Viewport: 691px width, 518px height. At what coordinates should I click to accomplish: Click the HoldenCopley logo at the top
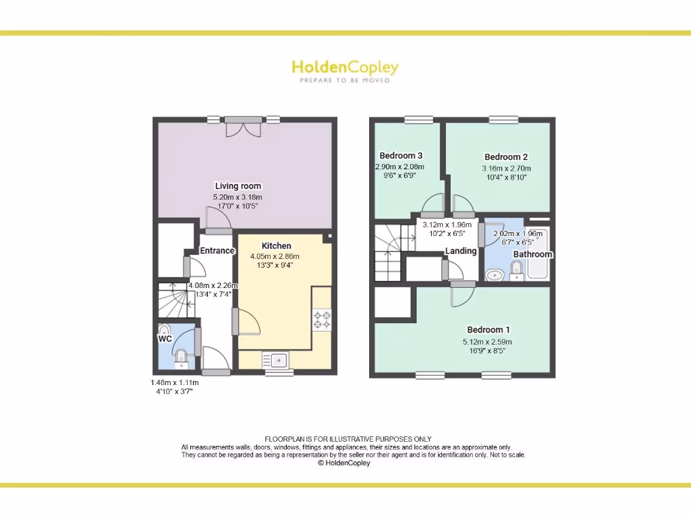345,67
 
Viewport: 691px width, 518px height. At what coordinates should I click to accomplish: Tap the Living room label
238,186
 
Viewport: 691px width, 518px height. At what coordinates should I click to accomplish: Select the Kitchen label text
276,246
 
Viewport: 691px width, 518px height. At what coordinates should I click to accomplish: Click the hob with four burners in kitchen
322,319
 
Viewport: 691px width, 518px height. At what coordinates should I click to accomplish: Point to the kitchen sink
276,360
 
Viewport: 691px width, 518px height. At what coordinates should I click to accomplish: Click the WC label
165,339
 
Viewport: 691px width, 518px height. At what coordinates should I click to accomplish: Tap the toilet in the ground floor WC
180,357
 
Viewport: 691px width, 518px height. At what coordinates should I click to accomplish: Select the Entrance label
217,251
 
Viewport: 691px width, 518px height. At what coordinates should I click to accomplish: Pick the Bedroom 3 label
401,156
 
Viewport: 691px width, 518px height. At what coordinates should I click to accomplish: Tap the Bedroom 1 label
489,330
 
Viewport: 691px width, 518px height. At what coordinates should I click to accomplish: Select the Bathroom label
532,254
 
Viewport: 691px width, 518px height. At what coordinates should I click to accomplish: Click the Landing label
461,251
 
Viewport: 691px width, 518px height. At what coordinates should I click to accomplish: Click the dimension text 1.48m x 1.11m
174,382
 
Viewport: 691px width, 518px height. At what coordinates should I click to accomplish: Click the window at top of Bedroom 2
503,120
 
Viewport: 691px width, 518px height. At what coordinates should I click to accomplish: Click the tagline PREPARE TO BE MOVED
345,80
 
